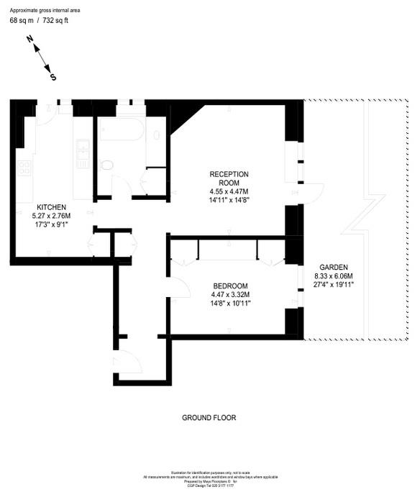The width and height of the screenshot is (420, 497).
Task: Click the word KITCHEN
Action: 51,207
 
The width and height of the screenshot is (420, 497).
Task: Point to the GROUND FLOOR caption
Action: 209,417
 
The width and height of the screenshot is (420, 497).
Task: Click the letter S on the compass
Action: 52,76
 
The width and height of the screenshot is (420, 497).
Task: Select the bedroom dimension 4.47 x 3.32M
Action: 230,294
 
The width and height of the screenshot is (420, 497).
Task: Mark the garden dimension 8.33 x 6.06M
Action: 334,276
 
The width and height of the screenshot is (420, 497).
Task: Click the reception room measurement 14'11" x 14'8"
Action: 229,201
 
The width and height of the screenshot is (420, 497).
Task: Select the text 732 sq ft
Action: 58,20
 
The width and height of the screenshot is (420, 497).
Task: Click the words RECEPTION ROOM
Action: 229,178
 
